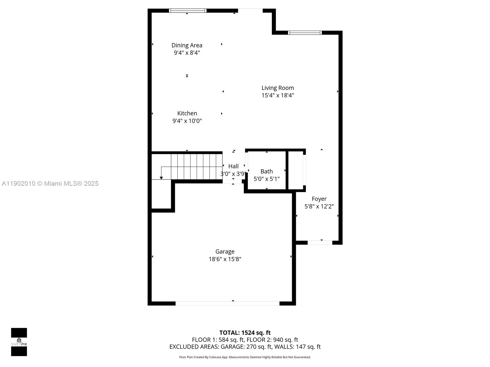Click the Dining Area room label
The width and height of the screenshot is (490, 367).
[x=187, y=45]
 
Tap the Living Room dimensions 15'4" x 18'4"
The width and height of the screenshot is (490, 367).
[x=277, y=95]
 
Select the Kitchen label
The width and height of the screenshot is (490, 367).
[x=187, y=113]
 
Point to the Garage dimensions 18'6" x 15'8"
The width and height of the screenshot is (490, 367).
[x=225, y=259]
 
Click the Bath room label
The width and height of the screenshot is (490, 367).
[x=266, y=171]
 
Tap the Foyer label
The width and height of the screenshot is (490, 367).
[x=319, y=199]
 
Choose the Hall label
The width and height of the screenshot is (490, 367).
[x=233, y=166]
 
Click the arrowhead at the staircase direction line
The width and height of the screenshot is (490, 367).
[x=161, y=178]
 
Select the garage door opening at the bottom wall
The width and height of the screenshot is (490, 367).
[x=227, y=303]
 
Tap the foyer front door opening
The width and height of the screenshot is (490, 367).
[x=320, y=243]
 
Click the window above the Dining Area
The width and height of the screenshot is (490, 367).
[x=188, y=11]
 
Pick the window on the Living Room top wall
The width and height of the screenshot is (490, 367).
[x=305, y=33]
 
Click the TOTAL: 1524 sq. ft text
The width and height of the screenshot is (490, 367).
[x=245, y=333]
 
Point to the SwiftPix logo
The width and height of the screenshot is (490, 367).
[x=19, y=342]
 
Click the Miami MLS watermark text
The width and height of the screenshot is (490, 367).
[x=50, y=183]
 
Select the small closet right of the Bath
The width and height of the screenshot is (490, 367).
[x=296, y=170]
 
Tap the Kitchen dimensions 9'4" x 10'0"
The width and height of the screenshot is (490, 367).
[x=187, y=121]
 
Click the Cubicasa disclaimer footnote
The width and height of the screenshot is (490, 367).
[x=245, y=357]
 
